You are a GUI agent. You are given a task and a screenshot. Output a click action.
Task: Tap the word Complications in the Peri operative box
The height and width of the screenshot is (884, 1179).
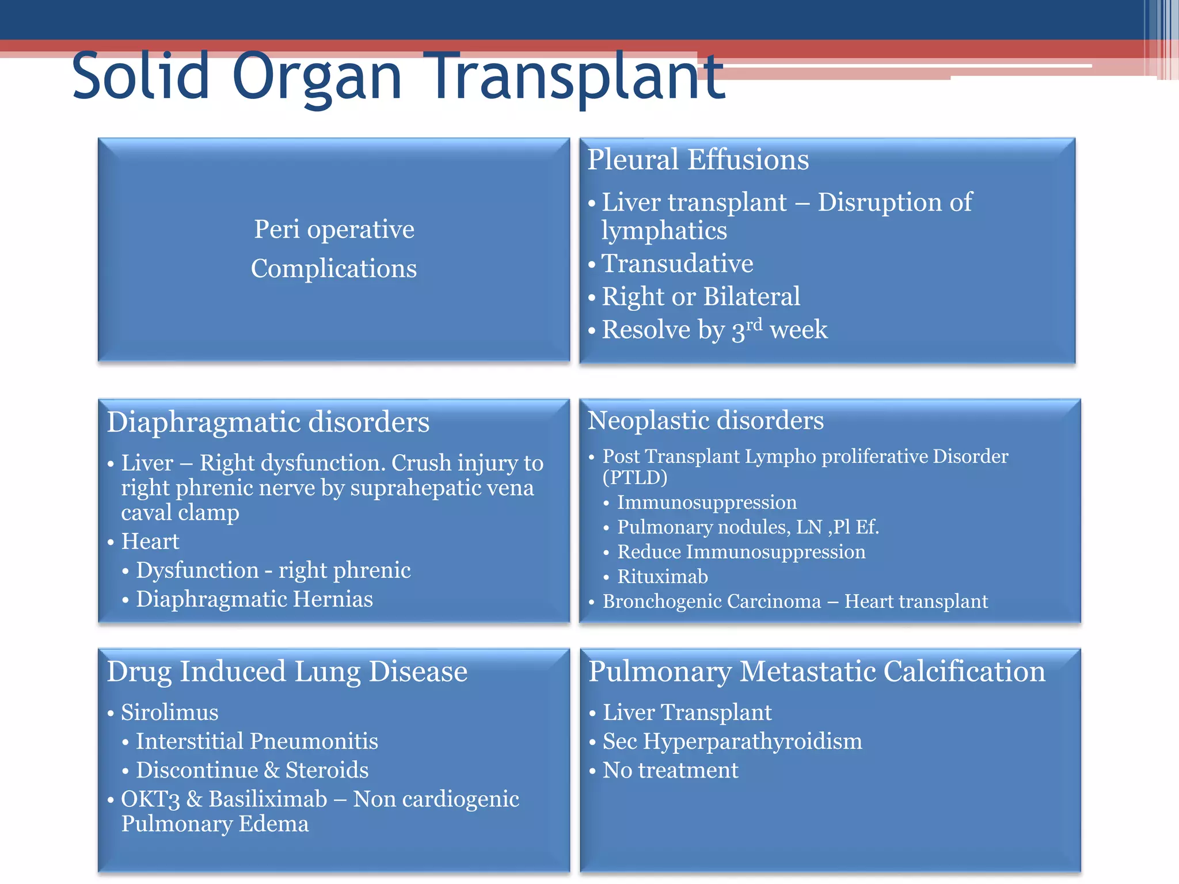click(x=334, y=269)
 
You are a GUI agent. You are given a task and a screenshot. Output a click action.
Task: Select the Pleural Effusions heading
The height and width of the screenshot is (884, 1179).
click(x=698, y=159)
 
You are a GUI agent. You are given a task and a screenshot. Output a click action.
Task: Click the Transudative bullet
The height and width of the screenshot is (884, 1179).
click(x=677, y=264)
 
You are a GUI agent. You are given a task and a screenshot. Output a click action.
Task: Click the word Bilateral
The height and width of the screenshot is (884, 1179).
click(x=751, y=296)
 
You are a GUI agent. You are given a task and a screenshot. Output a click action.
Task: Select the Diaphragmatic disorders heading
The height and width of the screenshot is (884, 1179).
click(x=268, y=422)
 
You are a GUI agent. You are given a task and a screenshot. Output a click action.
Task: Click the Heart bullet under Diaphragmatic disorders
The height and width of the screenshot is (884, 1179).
click(x=150, y=542)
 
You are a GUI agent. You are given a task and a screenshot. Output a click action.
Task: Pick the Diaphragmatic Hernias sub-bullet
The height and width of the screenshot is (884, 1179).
click(x=254, y=599)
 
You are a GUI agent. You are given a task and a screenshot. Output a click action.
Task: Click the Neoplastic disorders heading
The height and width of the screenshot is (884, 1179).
click(x=705, y=420)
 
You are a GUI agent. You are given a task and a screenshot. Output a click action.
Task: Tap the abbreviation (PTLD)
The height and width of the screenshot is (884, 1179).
click(x=635, y=478)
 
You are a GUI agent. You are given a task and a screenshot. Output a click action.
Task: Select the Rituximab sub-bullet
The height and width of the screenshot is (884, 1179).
click(x=662, y=577)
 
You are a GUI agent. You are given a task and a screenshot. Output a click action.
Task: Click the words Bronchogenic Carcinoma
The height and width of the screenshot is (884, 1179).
click(x=712, y=601)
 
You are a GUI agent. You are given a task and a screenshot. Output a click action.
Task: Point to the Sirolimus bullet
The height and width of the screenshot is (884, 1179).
click(x=169, y=712)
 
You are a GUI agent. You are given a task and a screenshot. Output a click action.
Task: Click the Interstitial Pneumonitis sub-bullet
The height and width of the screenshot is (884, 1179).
click(x=257, y=741)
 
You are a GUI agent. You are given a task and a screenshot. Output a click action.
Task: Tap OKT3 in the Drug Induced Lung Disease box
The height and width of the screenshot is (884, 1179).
click(x=150, y=799)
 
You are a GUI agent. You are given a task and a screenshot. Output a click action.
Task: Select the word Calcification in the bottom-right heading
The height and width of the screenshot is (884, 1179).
click(x=964, y=672)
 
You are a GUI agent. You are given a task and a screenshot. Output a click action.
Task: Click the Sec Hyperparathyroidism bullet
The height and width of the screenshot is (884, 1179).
click(x=732, y=741)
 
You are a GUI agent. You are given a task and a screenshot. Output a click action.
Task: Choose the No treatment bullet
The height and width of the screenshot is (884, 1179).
click(x=670, y=770)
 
